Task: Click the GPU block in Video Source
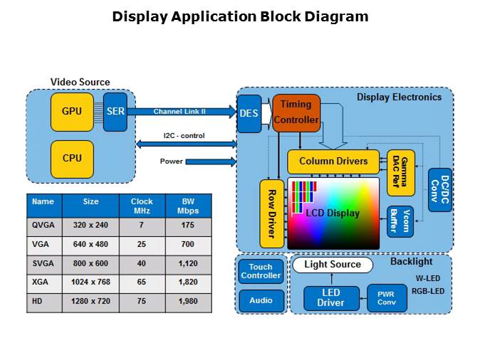(x=72, y=112)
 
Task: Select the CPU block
(x=72, y=159)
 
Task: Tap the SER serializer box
(x=115, y=112)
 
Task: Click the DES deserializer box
(x=249, y=114)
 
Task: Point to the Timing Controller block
(x=296, y=112)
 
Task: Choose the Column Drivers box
(x=333, y=162)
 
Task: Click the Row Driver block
(x=272, y=213)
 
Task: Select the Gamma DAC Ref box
(x=400, y=173)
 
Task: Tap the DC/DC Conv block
(x=439, y=190)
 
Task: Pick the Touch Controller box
(x=261, y=271)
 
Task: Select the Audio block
(x=261, y=300)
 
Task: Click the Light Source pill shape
(x=333, y=265)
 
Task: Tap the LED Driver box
(x=331, y=298)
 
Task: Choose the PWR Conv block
(x=387, y=298)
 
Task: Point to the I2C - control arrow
(x=184, y=144)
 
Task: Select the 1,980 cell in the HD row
(x=188, y=302)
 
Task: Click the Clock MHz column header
(x=142, y=206)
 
